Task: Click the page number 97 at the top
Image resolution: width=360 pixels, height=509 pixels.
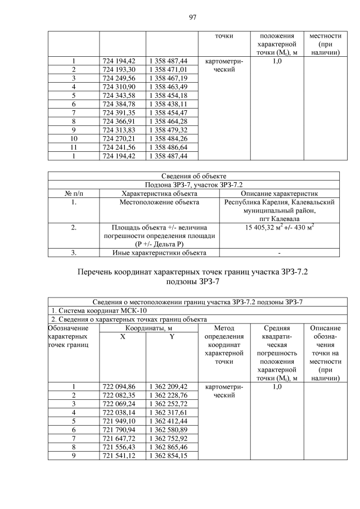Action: point(192,17)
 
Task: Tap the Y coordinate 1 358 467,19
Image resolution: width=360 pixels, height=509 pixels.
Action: point(169,78)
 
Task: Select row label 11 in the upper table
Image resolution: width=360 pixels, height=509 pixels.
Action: point(73,146)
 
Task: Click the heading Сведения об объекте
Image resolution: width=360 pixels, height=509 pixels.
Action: point(192,176)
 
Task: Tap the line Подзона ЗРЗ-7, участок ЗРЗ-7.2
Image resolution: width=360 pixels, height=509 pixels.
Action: point(192,184)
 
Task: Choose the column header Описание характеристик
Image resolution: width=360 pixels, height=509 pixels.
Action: point(279,193)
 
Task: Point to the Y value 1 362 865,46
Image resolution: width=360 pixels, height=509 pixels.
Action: point(169,447)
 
